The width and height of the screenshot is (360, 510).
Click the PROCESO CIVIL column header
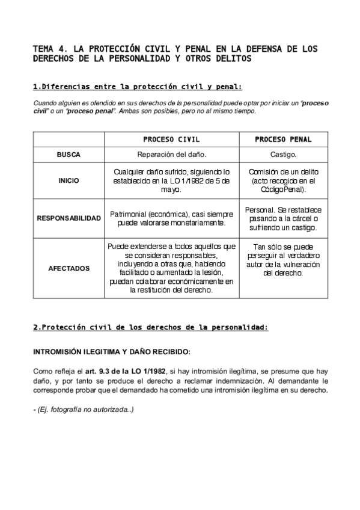(x=171, y=140)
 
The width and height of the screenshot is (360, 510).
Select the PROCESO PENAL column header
(x=283, y=140)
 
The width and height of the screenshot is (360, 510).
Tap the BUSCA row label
(x=69, y=155)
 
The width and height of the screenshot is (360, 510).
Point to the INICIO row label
(x=69, y=180)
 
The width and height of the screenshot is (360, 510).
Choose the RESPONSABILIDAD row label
(x=69, y=218)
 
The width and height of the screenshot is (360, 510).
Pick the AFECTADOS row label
(x=69, y=268)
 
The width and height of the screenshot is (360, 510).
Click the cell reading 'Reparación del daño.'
(x=171, y=155)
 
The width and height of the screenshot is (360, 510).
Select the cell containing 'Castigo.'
(x=283, y=155)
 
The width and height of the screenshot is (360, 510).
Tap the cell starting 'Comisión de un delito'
(x=283, y=180)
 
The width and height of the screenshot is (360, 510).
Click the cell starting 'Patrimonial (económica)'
(x=171, y=218)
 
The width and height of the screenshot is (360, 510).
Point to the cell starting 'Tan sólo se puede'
(x=283, y=260)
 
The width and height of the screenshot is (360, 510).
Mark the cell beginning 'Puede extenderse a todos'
(x=171, y=268)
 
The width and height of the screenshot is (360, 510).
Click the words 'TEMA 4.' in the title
(x=50, y=49)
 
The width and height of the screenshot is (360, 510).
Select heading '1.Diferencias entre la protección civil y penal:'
(x=137, y=87)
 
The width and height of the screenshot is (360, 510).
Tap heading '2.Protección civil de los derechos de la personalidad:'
(x=150, y=328)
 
